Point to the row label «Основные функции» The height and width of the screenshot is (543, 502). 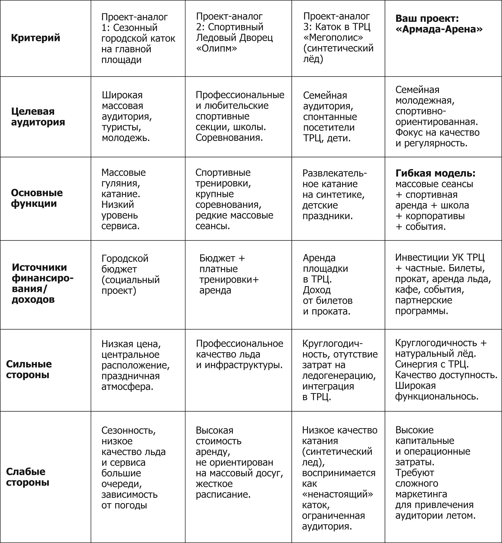point(37,198)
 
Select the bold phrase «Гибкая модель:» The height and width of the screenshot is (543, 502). point(435,173)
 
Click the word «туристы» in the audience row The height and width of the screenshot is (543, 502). point(121,127)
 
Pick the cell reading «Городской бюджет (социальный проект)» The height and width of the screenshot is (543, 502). point(130,274)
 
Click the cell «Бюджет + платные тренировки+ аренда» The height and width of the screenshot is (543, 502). point(229,274)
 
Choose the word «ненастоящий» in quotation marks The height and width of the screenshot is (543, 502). point(337,494)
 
